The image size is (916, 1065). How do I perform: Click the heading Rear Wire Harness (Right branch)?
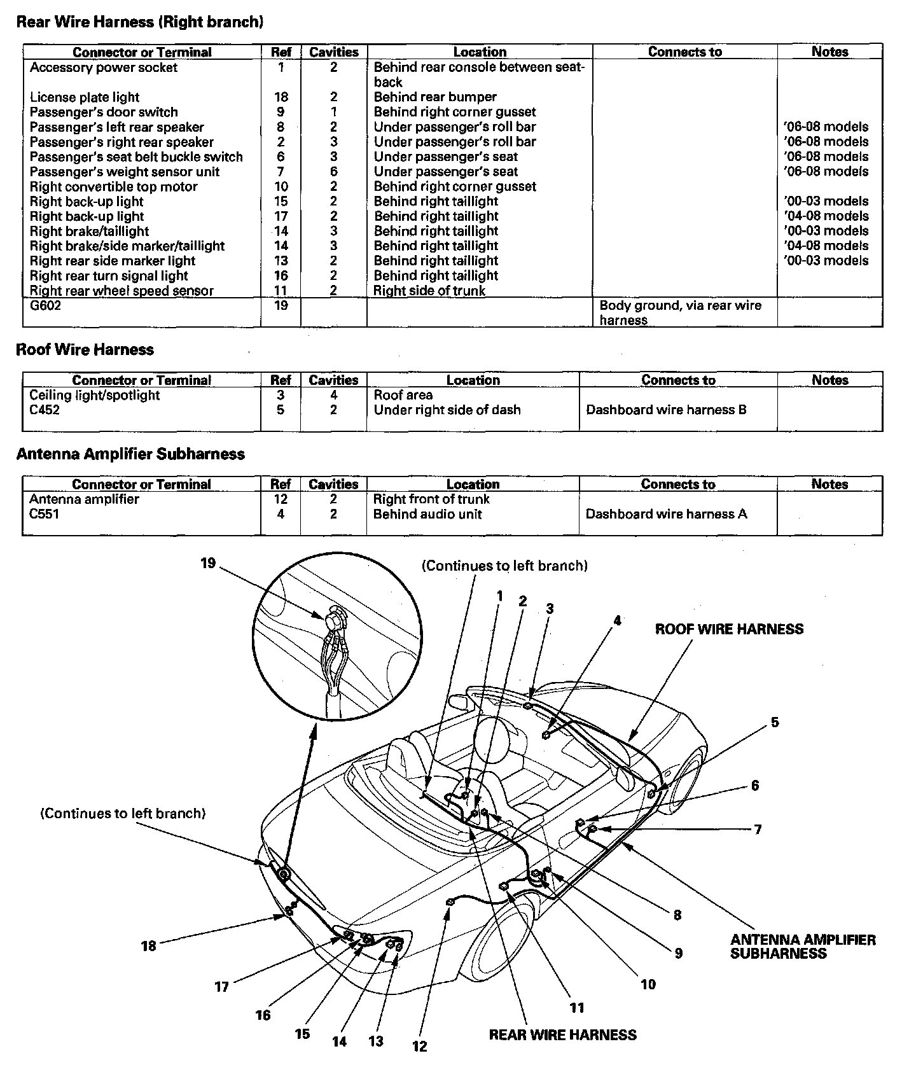point(140,22)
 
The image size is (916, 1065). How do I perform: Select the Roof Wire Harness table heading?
point(85,349)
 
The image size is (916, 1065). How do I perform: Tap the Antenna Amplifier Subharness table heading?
point(130,454)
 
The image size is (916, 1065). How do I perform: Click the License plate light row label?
point(85,97)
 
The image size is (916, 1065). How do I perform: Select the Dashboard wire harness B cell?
point(666,410)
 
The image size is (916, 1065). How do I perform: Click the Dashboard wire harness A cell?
point(666,514)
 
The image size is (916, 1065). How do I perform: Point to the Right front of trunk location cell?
point(431,499)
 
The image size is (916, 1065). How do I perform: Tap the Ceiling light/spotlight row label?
point(95,395)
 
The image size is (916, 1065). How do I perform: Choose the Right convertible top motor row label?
point(114,186)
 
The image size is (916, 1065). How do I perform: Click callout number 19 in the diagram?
point(208,563)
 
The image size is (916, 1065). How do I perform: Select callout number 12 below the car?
point(420,1045)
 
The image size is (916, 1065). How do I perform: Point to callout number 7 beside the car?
point(758,830)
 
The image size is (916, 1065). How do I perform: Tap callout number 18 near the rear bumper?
point(148,945)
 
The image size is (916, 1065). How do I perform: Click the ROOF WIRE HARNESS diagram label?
point(729,629)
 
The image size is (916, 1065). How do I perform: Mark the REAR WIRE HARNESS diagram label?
point(562,1034)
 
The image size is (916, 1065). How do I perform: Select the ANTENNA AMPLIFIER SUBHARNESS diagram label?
point(803,946)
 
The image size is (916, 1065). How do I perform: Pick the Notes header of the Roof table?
point(829,380)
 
